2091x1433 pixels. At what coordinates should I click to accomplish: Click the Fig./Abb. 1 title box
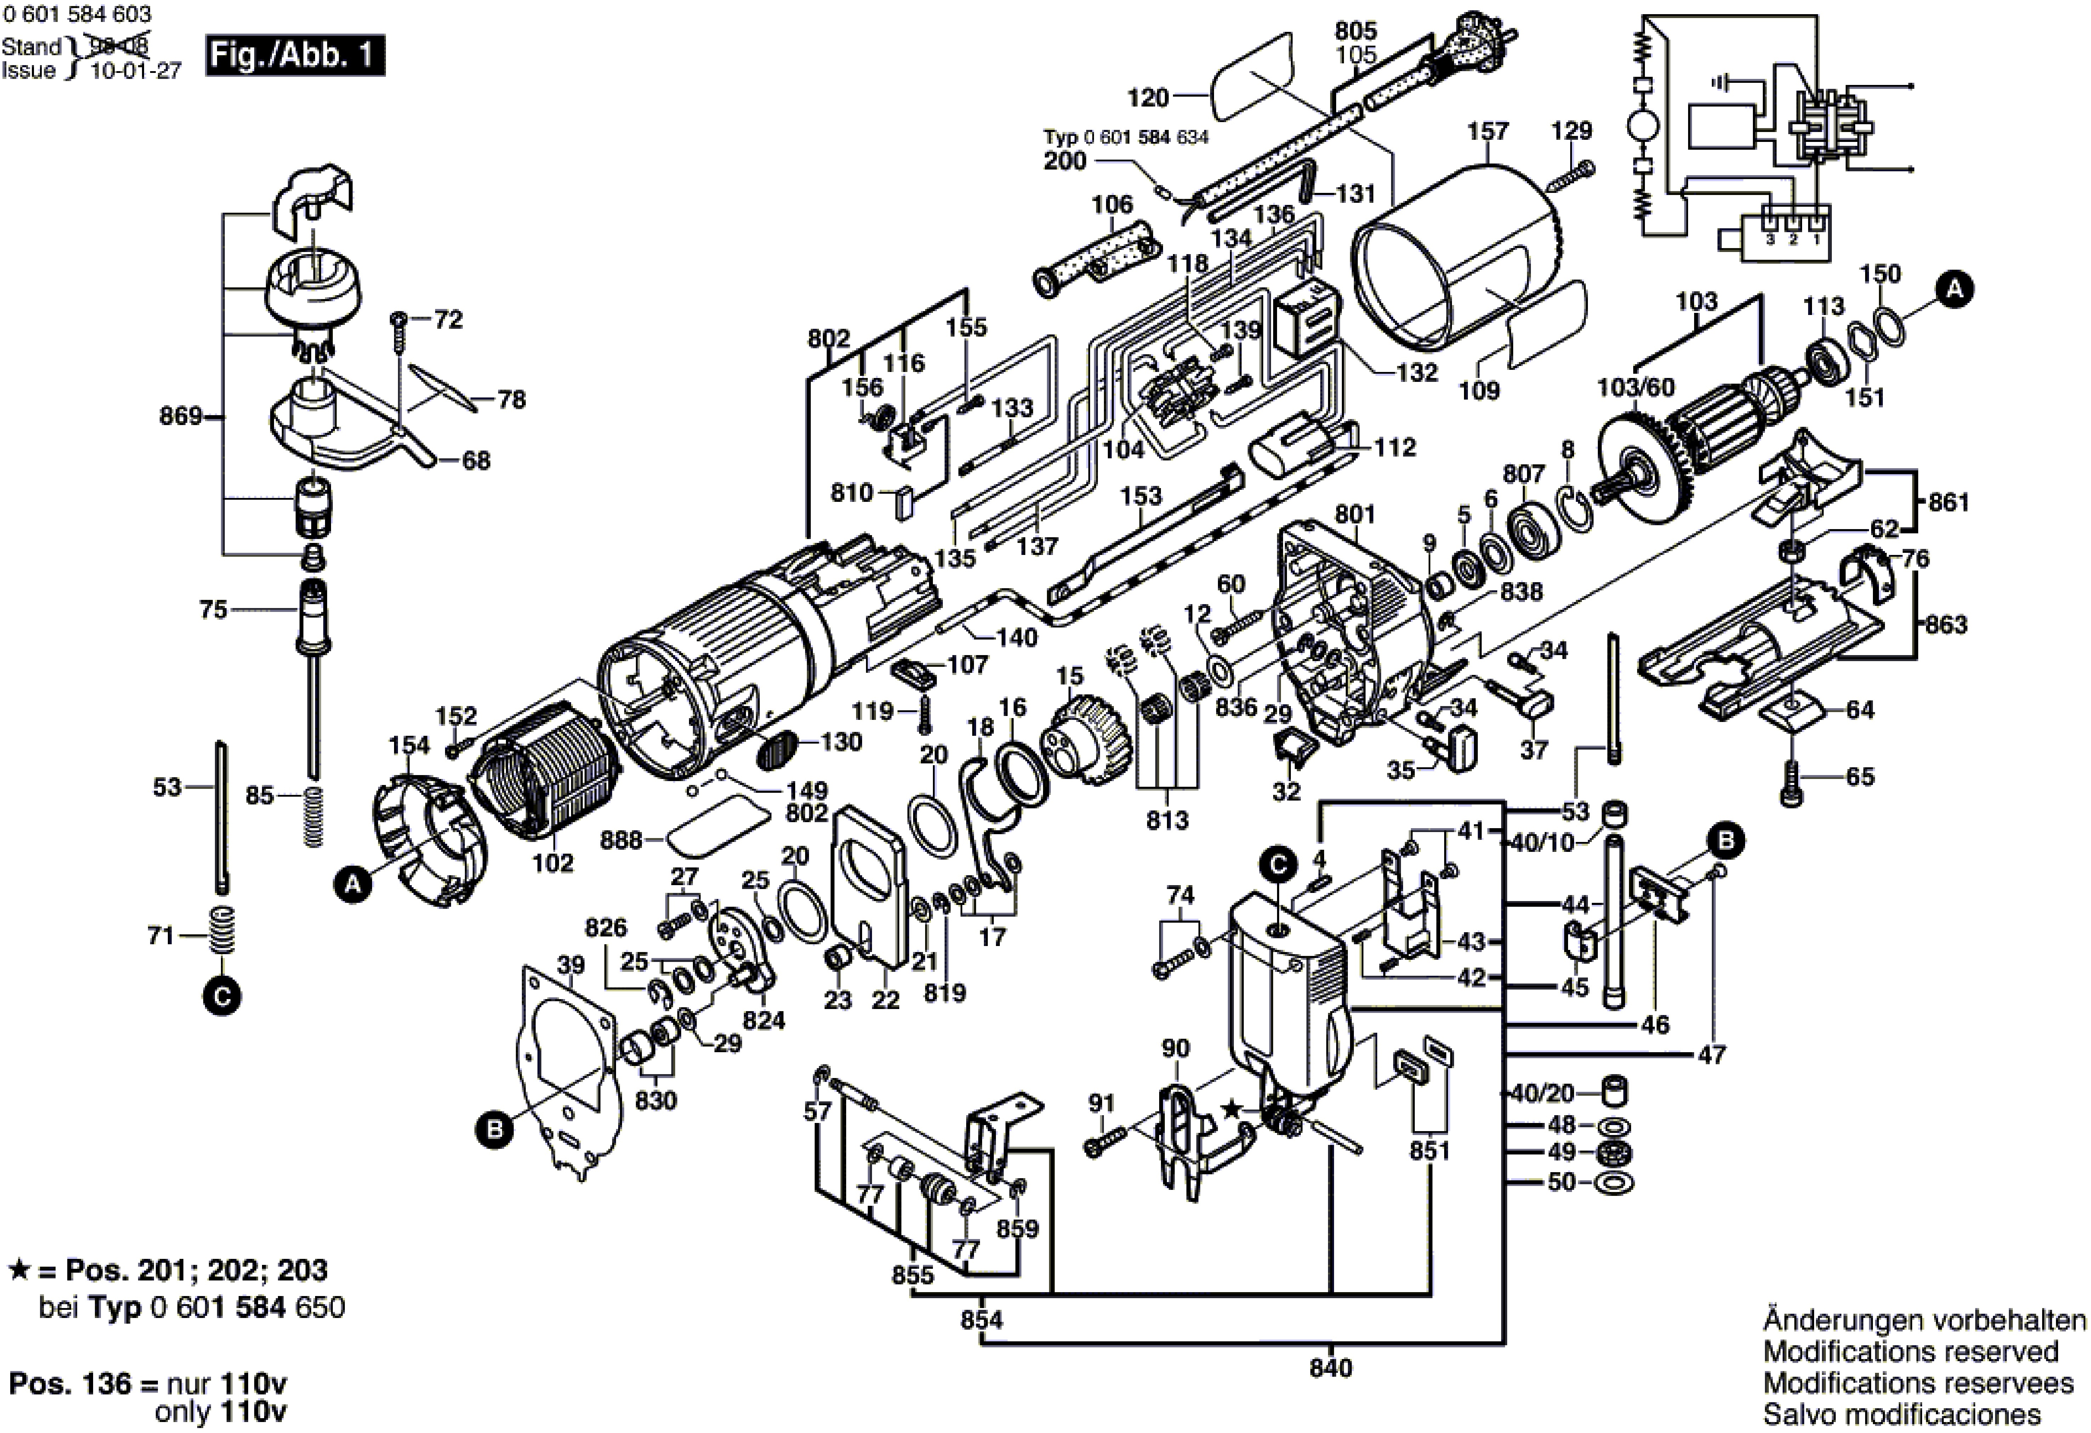click(294, 56)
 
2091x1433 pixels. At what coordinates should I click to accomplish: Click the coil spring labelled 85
click(312, 816)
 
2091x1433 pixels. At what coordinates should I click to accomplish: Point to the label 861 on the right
click(1949, 502)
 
